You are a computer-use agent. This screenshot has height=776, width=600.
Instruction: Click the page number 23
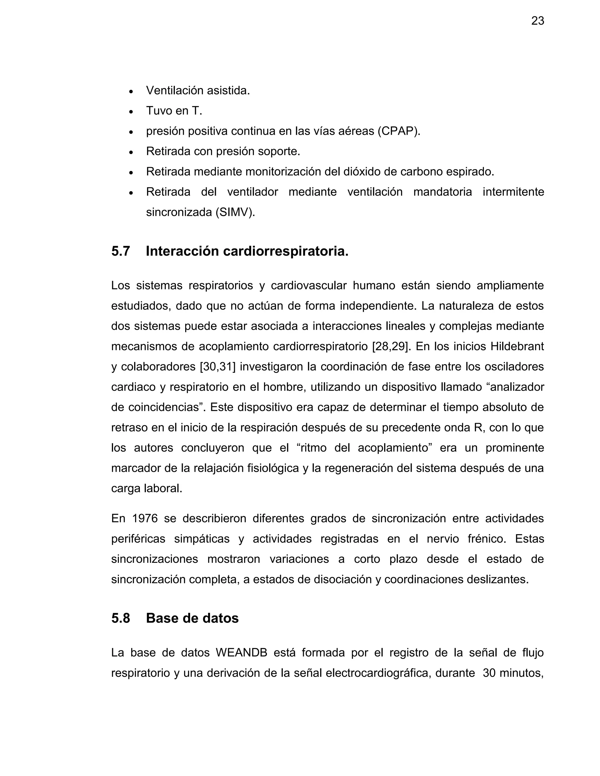(x=537, y=21)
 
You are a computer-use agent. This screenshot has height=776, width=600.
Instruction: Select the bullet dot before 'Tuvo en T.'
(x=131, y=112)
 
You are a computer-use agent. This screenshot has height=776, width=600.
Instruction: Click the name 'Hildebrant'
(x=517, y=346)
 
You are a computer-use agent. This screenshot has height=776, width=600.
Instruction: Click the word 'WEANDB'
(x=241, y=653)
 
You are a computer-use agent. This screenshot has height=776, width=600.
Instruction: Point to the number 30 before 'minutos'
(x=489, y=673)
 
